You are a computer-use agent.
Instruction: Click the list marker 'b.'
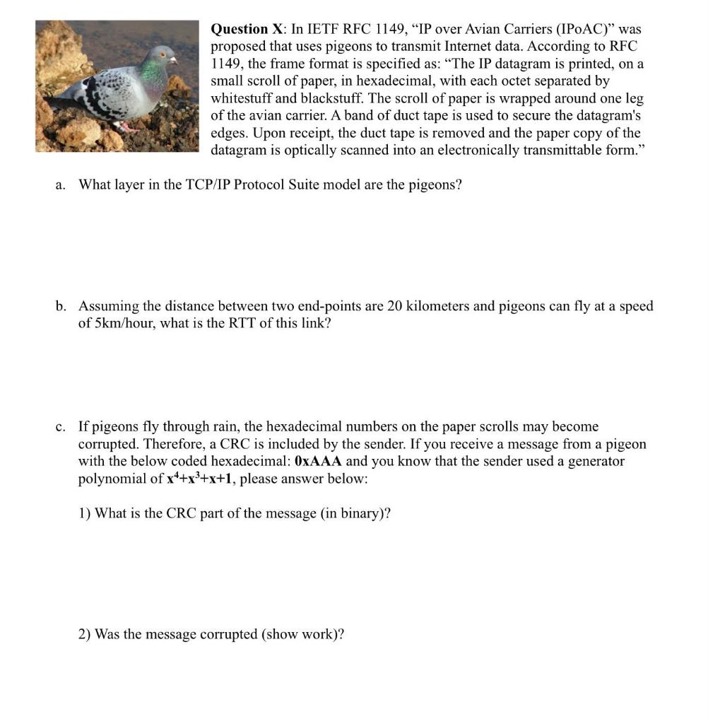[62, 306]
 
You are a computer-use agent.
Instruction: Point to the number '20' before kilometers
[395, 306]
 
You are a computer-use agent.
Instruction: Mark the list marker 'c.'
[62, 426]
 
